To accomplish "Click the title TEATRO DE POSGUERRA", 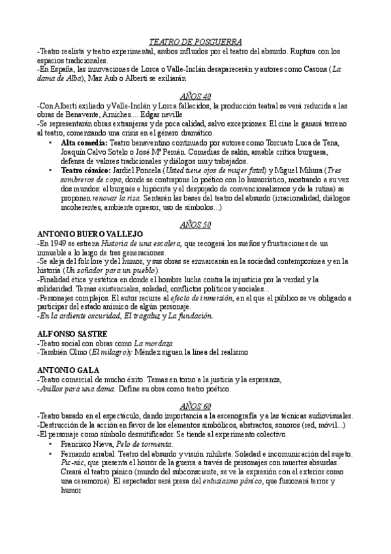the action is [195, 41].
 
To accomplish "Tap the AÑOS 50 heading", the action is [196, 225].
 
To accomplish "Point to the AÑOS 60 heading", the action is [196, 406].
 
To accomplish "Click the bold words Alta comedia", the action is [84, 142].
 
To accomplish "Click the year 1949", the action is [59, 243].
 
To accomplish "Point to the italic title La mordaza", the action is [153, 343].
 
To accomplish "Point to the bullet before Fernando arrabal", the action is [52, 453].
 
